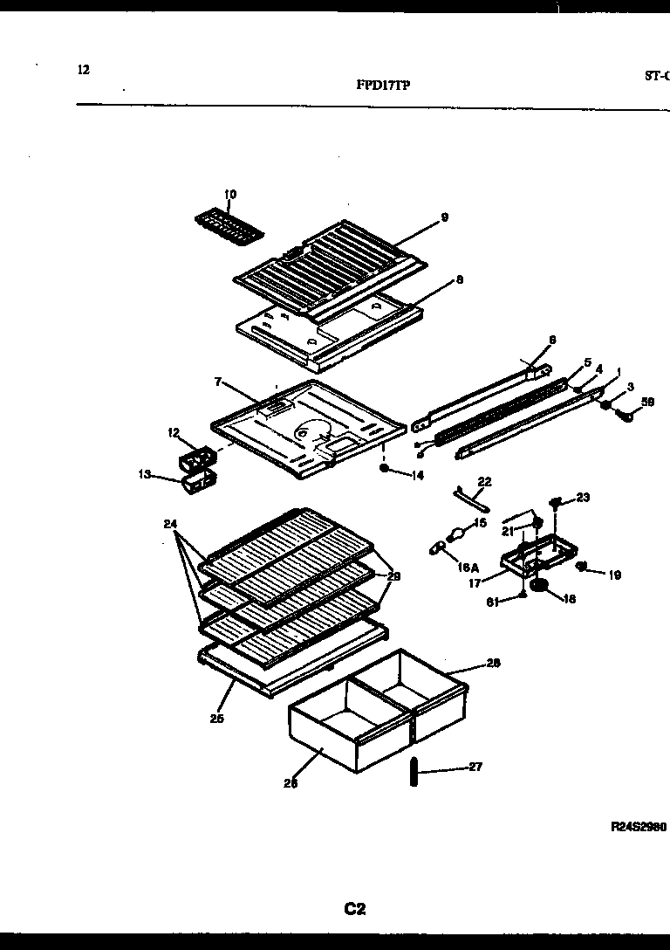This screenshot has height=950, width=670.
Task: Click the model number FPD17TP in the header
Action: (x=383, y=85)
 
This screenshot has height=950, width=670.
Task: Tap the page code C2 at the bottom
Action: (x=353, y=909)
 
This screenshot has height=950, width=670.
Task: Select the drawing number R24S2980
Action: (x=638, y=825)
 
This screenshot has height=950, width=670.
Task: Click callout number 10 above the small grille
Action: (x=230, y=194)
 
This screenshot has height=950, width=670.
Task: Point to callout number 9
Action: (x=444, y=217)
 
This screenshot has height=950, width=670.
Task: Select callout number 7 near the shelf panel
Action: (x=218, y=382)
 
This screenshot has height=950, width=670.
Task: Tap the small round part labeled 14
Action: (x=384, y=468)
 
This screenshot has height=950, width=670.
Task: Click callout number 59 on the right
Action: (x=647, y=403)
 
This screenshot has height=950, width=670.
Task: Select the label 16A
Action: (x=467, y=566)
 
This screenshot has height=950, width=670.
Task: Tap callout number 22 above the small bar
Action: (x=485, y=481)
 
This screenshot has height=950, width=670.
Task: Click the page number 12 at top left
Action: (x=83, y=70)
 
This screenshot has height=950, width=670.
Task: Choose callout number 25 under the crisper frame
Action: (x=216, y=719)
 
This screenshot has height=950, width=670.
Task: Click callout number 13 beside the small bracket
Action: (x=144, y=474)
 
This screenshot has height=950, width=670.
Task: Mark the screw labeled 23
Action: (x=555, y=501)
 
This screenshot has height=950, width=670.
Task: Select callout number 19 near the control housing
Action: (x=614, y=575)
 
